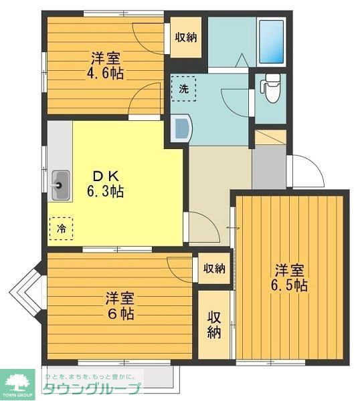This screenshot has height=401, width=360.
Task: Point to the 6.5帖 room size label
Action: pyautogui.click(x=290, y=286)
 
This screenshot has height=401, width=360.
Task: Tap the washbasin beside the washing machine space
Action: pyautogui.click(x=180, y=128)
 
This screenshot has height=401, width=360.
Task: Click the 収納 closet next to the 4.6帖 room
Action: pyautogui.click(x=187, y=37)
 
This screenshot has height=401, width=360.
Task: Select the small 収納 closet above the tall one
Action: pyautogui.click(x=213, y=269)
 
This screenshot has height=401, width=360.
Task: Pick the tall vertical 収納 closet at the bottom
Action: pyautogui.click(x=213, y=324)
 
